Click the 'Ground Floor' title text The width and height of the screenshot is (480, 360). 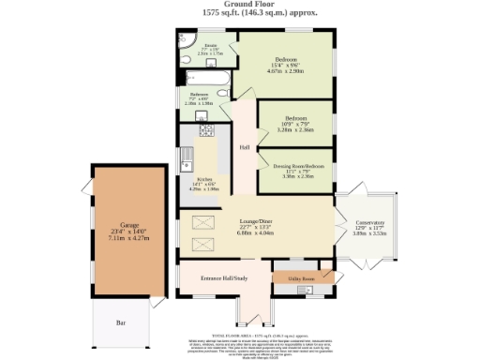pos(240,5)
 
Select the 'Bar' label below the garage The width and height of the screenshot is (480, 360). pos(120,322)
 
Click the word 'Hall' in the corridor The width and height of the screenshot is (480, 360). pos(243,148)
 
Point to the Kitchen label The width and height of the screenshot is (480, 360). pos(202,179)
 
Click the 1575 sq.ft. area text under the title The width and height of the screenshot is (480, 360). pos(240,13)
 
